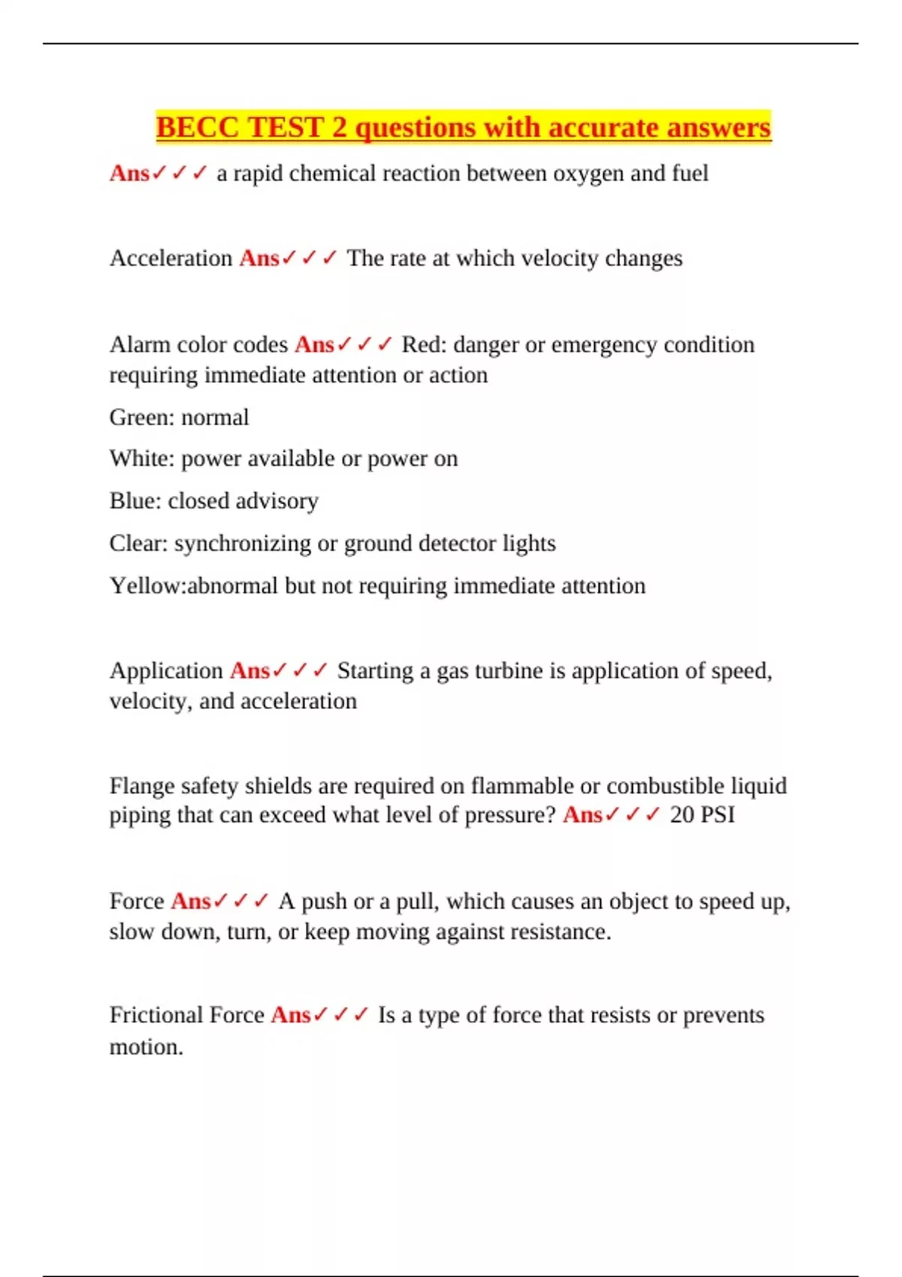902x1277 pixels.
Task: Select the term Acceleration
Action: pyautogui.click(x=171, y=258)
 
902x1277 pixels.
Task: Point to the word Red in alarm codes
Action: pyautogui.click(x=423, y=345)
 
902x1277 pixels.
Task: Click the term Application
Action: pyautogui.click(x=166, y=671)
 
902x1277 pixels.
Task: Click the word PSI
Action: pyautogui.click(x=717, y=815)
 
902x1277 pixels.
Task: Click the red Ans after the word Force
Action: pyautogui.click(x=190, y=901)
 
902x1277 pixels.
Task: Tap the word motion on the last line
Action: pyautogui.click(x=146, y=1047)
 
